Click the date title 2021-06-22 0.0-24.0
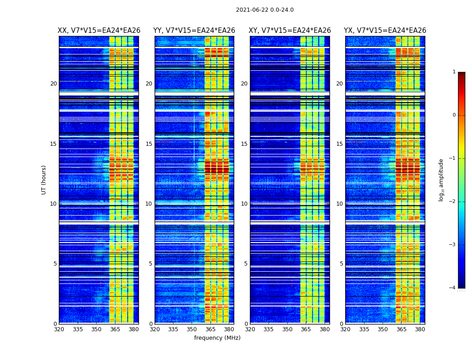[265, 10]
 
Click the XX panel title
[99, 31]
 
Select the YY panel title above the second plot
[194, 31]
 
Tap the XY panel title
[290, 31]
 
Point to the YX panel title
[385, 31]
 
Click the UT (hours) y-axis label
[44, 180]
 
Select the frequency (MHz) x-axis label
[217, 338]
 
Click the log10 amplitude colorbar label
[441, 180]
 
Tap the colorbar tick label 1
[454, 72]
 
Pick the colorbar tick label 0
[454, 115]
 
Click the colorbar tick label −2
[453, 202]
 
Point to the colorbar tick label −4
[453, 288]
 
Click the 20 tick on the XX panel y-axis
[53, 84]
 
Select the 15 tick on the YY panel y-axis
[149, 144]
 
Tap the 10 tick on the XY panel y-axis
[244, 204]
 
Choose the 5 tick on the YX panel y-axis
[342, 264]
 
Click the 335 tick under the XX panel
[78, 329]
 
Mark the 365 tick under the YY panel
[210, 329]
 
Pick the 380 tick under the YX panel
[420, 329]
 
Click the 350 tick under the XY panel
[287, 329]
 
